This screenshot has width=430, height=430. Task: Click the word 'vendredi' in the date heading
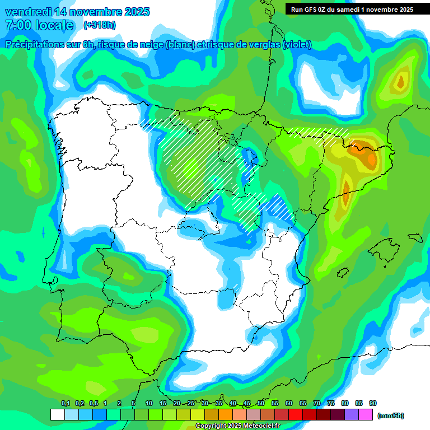[x=28, y=12]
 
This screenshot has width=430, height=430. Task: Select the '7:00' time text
[x=17, y=25]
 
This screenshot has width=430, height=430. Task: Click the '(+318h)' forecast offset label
[x=100, y=25]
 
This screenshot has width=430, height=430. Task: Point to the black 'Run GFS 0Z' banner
[x=349, y=9]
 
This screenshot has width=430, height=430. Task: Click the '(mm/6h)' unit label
[x=391, y=415]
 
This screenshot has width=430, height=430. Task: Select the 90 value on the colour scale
[x=373, y=403]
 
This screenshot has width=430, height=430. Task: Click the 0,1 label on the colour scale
[x=65, y=403]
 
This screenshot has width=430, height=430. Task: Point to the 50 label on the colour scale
[x=261, y=403]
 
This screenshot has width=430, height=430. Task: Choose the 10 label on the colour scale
[x=149, y=403]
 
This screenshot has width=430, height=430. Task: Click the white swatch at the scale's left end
[x=57, y=415]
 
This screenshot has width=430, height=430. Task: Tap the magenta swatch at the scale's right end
[x=366, y=415]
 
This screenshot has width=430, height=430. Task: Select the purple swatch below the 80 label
[x=352, y=415]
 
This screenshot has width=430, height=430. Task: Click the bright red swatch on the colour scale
[x=296, y=415]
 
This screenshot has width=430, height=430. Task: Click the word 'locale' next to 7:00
[x=54, y=25]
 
